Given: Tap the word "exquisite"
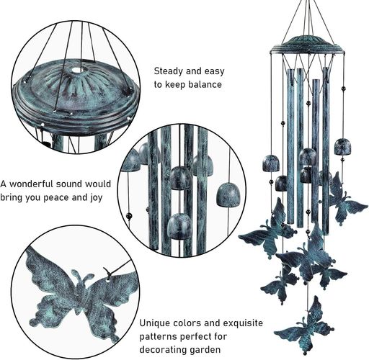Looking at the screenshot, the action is click(x=243, y=323).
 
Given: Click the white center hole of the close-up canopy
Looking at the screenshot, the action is click(x=77, y=70).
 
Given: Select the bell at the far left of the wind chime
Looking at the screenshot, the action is click(x=271, y=163).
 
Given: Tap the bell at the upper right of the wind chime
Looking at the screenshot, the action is click(x=342, y=147).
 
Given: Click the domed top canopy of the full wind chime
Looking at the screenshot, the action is click(x=307, y=45).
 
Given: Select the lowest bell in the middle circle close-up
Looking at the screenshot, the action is click(x=179, y=226).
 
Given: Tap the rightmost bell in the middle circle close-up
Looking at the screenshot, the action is click(x=228, y=194).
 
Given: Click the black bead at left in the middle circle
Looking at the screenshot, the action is click(x=129, y=215).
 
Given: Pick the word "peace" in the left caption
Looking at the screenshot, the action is click(x=57, y=198).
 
